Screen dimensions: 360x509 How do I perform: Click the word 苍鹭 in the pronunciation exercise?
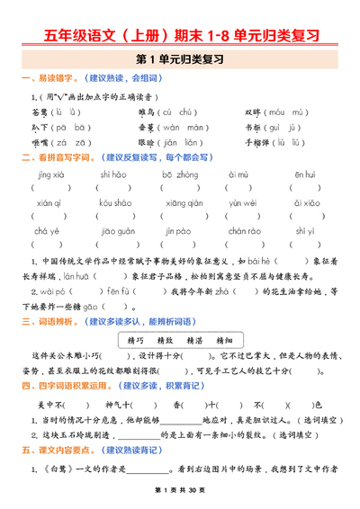click(x=40, y=112)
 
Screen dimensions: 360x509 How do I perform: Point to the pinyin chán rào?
click(x=244, y=232)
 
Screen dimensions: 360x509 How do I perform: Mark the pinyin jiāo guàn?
click(x=117, y=232)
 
